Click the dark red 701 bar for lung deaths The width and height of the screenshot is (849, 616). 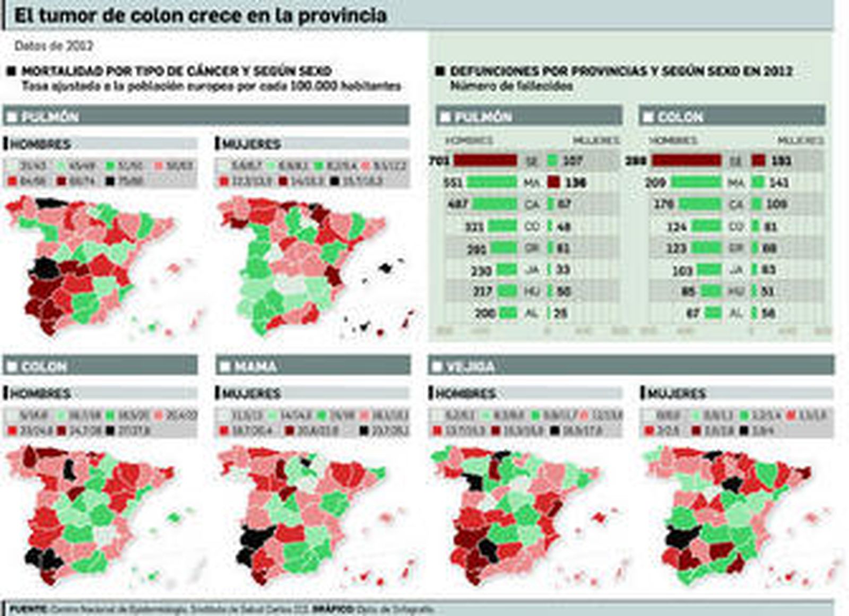pyautogui.click(x=485, y=160)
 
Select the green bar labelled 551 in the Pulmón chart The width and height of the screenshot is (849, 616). pyautogui.click(x=491, y=183)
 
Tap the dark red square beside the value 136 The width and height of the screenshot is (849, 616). pyautogui.click(x=553, y=183)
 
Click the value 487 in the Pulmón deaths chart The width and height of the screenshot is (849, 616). pyautogui.click(x=458, y=204)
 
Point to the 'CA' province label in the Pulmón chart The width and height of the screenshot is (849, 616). pyautogui.click(x=532, y=205)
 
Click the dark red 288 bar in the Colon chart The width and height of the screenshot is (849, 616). pyautogui.click(x=686, y=160)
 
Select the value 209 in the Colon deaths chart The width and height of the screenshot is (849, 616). pyautogui.click(x=655, y=183)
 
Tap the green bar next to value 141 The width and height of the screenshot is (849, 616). pyautogui.click(x=758, y=183)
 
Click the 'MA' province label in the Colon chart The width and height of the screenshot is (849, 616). pyautogui.click(x=736, y=183)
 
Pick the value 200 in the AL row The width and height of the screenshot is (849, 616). pyautogui.click(x=484, y=313)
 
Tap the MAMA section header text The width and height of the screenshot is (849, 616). pyautogui.click(x=255, y=366)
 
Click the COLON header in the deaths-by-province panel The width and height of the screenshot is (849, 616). pyautogui.click(x=680, y=116)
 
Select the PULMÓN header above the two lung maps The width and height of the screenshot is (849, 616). pyautogui.click(x=50, y=116)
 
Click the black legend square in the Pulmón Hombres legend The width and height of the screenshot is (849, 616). pyautogui.click(x=110, y=181)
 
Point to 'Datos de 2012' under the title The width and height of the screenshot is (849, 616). pyautogui.click(x=54, y=46)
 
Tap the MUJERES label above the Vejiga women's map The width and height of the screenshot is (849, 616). pyautogui.click(x=677, y=393)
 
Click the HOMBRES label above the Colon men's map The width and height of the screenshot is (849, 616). pyautogui.click(x=41, y=393)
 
